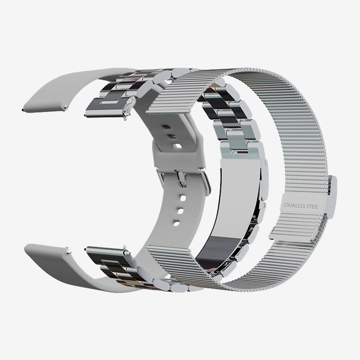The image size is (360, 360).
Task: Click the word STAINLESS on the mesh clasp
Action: coord(295,206)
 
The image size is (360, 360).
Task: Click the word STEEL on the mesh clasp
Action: coord(313,207)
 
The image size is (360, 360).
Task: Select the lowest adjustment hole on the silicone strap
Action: coord(176,223)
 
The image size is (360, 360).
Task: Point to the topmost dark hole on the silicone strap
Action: coord(167,127)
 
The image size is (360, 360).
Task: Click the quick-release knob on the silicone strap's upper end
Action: coord(66,107)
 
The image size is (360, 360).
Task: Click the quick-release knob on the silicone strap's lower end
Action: coord(68,252)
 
